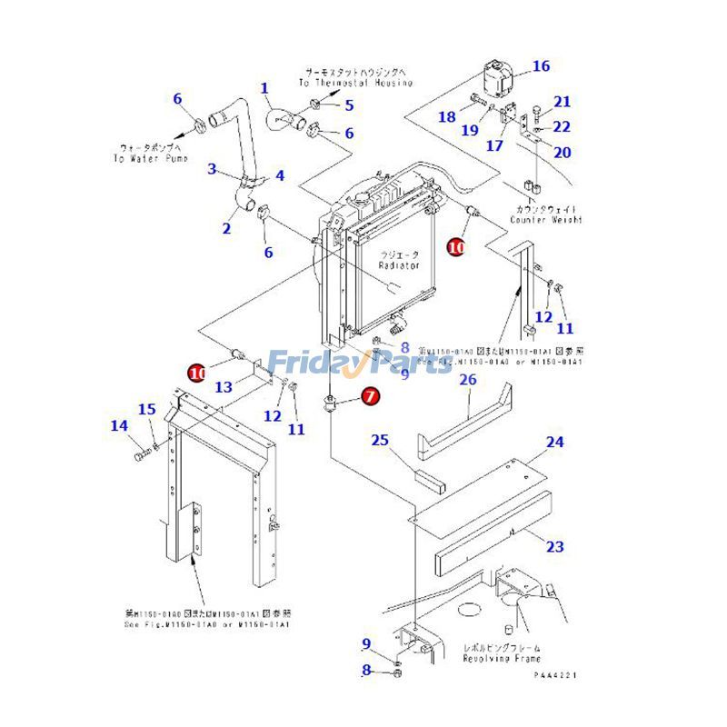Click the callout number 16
tap(541, 66)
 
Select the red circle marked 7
tap(370, 396)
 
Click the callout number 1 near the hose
tap(265, 88)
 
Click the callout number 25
tap(380, 441)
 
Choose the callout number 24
tap(554, 443)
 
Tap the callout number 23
tap(554, 546)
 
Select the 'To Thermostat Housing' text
tap(358, 83)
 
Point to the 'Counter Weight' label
tap(545, 220)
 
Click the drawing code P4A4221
tap(555, 675)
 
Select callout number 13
tap(224, 387)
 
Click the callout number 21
tap(563, 102)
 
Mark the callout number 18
tap(447, 116)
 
